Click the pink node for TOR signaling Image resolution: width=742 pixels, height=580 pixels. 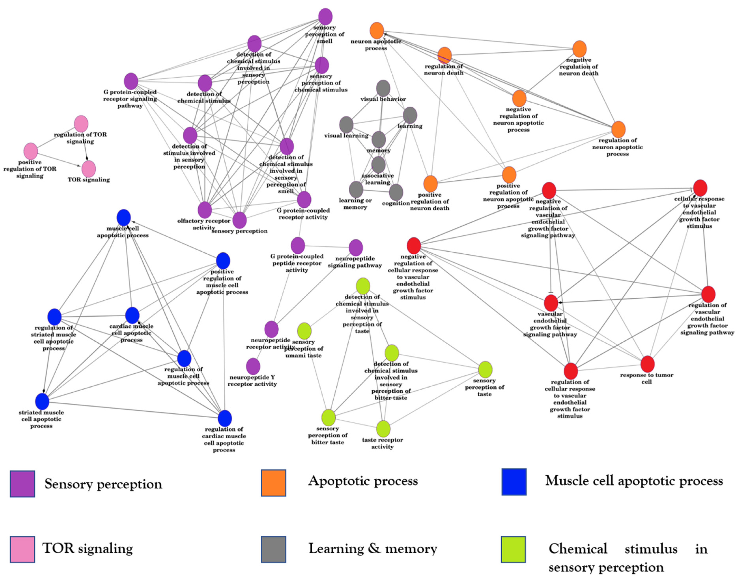(x=89, y=169)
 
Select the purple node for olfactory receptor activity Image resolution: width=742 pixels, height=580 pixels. (x=205, y=210)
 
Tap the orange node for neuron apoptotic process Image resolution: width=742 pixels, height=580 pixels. (x=377, y=31)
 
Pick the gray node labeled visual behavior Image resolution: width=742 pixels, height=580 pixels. (x=383, y=88)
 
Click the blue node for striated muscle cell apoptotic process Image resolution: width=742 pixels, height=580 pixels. (x=42, y=402)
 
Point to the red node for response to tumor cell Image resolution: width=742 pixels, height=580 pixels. (x=648, y=364)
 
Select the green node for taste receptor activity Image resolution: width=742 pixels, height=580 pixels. (x=383, y=429)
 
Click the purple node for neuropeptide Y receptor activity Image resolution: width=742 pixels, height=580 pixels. (x=253, y=366)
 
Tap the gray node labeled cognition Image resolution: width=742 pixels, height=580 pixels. (x=396, y=192)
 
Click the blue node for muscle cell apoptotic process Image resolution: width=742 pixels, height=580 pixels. (x=124, y=218)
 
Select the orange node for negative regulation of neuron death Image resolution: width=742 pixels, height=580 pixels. (x=579, y=49)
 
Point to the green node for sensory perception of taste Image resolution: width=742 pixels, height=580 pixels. (x=485, y=370)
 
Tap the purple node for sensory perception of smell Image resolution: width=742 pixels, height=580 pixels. (x=325, y=16)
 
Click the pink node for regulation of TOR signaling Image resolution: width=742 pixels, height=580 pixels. (x=81, y=124)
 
